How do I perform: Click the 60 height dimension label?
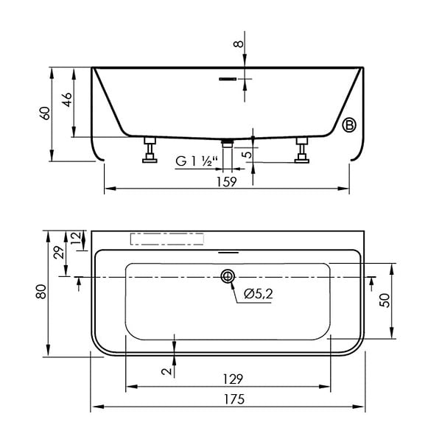pyautogui.click(x=46, y=113)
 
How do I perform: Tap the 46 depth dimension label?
pyautogui.click(x=67, y=99)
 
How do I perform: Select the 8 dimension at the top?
pyautogui.click(x=239, y=43)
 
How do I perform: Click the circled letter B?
pyautogui.click(x=349, y=125)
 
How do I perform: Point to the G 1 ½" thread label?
pyautogui.click(x=197, y=161)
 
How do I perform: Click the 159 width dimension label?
pyautogui.click(x=227, y=181)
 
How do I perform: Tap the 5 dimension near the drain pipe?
pyautogui.click(x=248, y=155)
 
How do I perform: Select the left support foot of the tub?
pyautogui.click(x=150, y=150)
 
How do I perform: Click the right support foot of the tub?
pyautogui.click(x=302, y=150)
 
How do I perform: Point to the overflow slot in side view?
pyautogui.click(x=228, y=79)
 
